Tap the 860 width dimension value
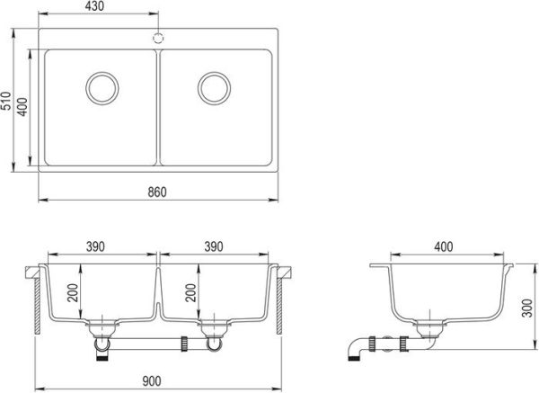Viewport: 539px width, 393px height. (158, 192)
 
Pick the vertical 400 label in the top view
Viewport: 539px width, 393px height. (24, 106)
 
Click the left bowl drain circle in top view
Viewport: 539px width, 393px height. (102, 87)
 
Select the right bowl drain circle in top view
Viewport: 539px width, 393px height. (215, 87)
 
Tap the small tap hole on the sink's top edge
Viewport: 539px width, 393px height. (158, 38)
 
